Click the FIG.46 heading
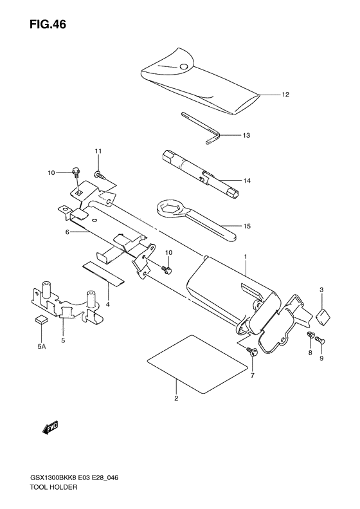[48, 24]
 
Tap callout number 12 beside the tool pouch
[285, 95]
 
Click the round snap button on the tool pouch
[184, 66]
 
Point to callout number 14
[247, 180]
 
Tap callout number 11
[98, 151]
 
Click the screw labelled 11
[100, 175]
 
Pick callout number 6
[67, 232]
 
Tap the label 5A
[41, 347]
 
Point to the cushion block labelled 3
[323, 317]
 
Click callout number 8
[310, 353]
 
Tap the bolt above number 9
[320, 340]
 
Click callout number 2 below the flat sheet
[176, 398]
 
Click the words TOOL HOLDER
[53, 487]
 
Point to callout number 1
[246, 257]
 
